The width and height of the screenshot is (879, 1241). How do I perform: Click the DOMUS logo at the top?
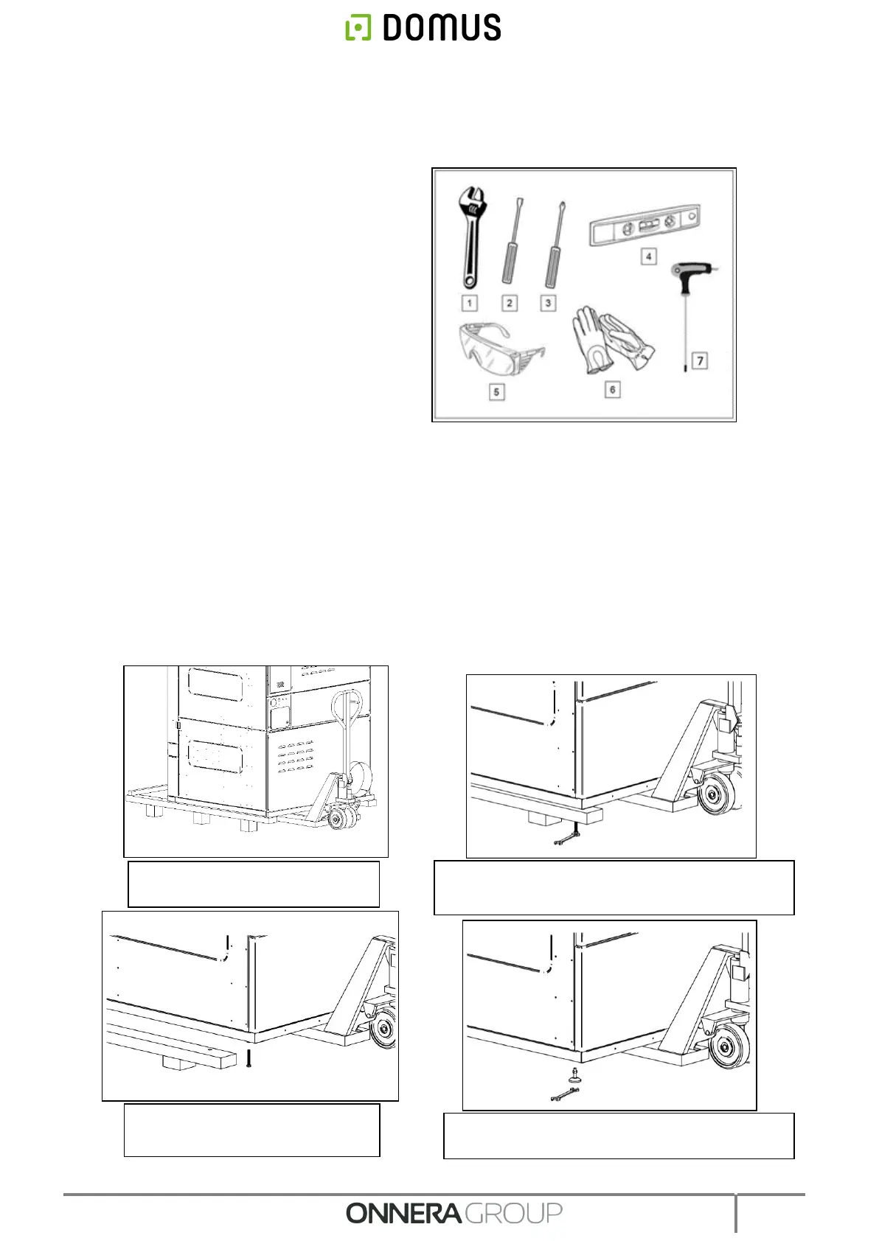click(423, 27)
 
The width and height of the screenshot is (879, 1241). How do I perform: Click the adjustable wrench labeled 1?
click(470, 236)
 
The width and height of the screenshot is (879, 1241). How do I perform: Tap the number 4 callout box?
click(648, 257)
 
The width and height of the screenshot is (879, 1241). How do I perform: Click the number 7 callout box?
click(700, 360)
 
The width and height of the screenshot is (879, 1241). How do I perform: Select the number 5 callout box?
click(496, 392)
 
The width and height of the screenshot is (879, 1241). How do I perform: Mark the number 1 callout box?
click(469, 303)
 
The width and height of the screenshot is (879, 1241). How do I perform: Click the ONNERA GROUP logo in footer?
click(454, 1213)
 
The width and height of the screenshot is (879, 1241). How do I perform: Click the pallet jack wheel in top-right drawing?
click(713, 797)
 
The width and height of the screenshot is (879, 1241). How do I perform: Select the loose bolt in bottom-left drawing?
click(249, 1060)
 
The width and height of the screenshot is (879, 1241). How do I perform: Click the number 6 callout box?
click(612, 389)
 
